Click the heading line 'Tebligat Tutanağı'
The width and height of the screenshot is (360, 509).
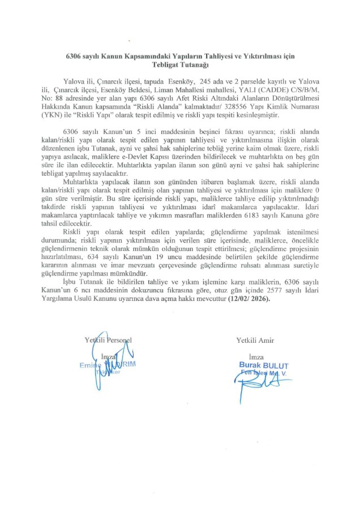(179, 65)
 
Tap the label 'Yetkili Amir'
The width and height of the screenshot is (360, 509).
(256, 339)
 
